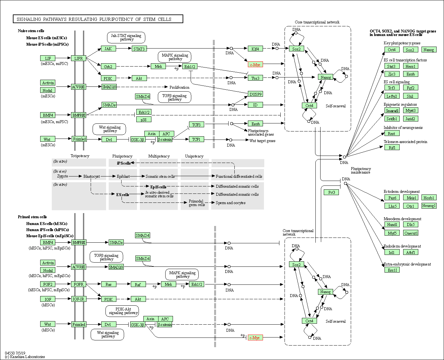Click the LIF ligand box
(x=48, y=58)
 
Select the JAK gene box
(x=108, y=49)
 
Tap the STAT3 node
(x=139, y=49)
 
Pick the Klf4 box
(x=255, y=49)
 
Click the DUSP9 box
(x=256, y=94)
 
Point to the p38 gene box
(x=144, y=120)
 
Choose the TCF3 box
(x=196, y=125)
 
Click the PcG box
(x=331, y=192)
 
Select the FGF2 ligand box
(x=48, y=284)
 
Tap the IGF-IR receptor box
(x=78, y=299)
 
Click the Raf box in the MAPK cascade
(x=138, y=284)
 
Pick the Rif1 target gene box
(x=392, y=148)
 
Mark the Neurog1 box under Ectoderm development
(x=429, y=206)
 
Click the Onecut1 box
(x=411, y=233)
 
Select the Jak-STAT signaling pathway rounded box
(x=126, y=38)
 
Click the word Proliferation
(x=179, y=87)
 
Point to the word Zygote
(x=63, y=176)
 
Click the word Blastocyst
(x=91, y=176)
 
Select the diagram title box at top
(x=98, y=19)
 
